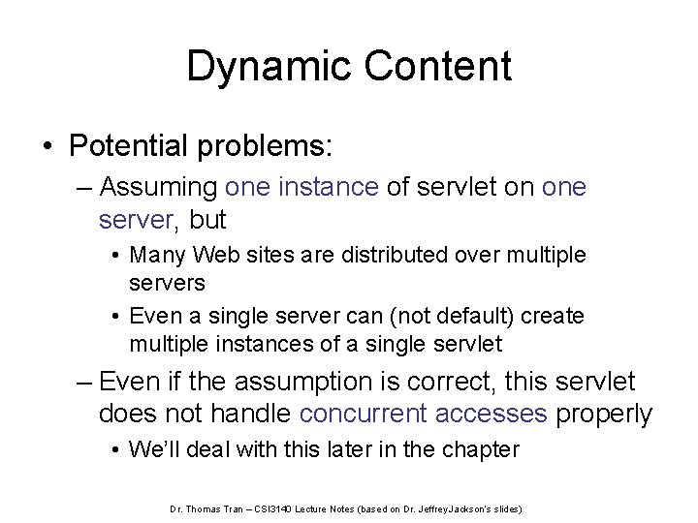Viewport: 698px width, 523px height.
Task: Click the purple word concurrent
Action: [364, 414]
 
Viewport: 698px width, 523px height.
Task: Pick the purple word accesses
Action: [492, 414]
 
